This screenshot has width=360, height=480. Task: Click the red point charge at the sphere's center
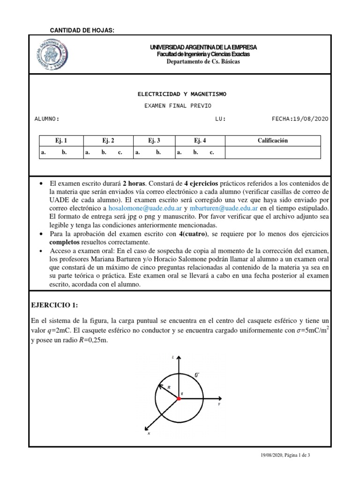(x=178, y=398)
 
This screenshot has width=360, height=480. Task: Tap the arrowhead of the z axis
(x=178, y=362)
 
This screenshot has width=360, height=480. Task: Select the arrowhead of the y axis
(x=217, y=398)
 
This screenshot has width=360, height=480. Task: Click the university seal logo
(x=52, y=54)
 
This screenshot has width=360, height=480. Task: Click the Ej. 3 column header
(x=154, y=141)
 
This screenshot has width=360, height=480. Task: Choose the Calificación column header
(x=273, y=141)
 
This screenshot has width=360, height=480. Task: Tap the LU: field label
(x=220, y=119)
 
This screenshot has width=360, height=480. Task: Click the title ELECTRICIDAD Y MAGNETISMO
(x=180, y=94)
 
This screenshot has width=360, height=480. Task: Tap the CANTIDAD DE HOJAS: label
(x=82, y=30)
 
